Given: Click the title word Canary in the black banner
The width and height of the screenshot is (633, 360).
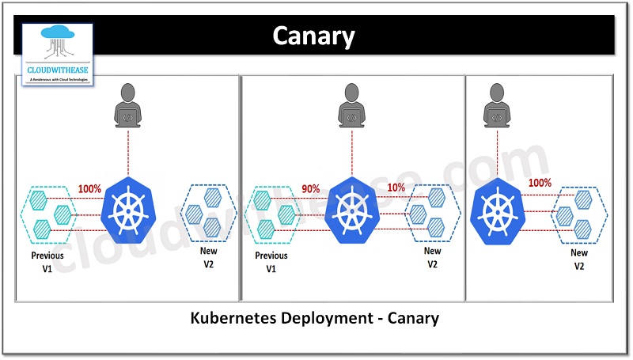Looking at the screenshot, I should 313,36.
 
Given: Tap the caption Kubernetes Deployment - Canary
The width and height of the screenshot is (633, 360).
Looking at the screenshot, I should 315,319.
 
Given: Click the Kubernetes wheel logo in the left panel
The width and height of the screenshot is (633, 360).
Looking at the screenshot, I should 127,210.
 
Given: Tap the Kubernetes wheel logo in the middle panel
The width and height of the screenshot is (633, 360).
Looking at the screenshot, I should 349,210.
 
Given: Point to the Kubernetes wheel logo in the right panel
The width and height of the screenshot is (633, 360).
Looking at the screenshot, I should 497,210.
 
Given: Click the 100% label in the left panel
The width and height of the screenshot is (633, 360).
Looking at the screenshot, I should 89,189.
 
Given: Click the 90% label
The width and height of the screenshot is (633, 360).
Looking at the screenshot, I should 311,188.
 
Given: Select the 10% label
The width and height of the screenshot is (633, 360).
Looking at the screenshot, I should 396,188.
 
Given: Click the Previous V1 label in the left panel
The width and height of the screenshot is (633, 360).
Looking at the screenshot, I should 47,263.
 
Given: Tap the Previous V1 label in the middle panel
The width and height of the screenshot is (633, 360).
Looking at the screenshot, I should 271,263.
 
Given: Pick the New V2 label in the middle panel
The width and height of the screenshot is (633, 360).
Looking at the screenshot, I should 432,257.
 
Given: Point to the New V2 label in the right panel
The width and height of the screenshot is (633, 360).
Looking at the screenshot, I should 579,259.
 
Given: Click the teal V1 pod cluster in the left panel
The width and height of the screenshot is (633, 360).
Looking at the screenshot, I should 47,212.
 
